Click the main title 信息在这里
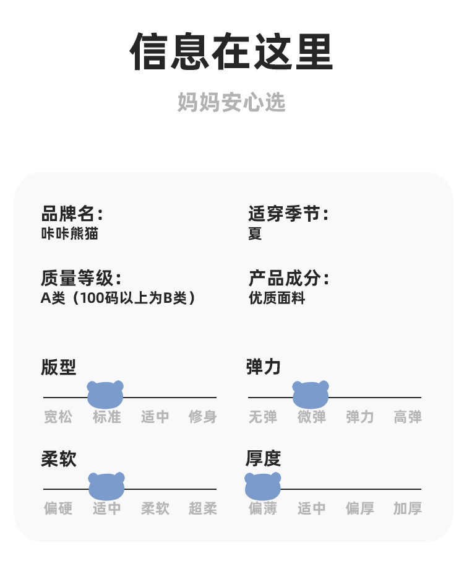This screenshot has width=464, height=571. point(231,52)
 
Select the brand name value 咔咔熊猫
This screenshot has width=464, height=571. point(69,234)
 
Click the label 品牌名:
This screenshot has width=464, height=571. point(72,214)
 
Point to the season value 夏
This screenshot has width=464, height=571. point(255,234)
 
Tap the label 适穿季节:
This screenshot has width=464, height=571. point(288,214)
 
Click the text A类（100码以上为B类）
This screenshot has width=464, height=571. point(118,298)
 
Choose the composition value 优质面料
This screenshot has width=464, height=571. point(277,298)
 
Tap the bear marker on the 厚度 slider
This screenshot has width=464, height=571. point(263,487)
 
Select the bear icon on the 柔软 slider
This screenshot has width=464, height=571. point(106,487)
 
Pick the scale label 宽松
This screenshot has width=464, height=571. point(58,417)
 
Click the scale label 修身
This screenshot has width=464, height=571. point(203,417)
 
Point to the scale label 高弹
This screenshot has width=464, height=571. point(408,417)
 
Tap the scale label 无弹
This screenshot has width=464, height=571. point(263,417)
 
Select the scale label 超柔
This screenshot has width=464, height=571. point(203,508)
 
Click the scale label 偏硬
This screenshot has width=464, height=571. point(58,508)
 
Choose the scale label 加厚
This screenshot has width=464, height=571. point(408,508)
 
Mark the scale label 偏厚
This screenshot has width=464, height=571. point(360,508)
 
